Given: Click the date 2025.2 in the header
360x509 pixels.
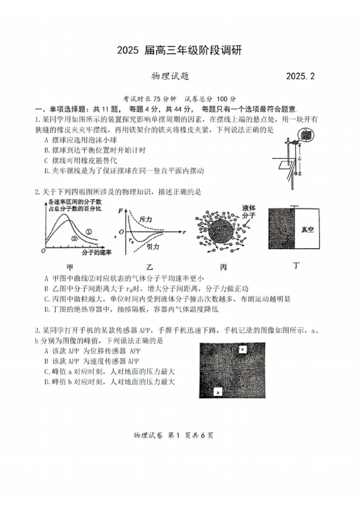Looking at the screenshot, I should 300,76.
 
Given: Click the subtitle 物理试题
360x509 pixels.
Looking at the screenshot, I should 170,76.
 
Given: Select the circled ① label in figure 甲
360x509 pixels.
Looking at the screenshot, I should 89,232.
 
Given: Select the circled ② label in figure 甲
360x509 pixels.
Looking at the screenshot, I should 75,239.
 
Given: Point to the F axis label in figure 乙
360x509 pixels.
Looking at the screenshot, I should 120,211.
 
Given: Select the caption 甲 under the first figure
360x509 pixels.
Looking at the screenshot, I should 70,266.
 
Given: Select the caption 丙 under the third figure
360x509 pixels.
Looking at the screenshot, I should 224,267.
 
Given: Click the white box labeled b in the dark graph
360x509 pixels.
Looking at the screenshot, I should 218,392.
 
